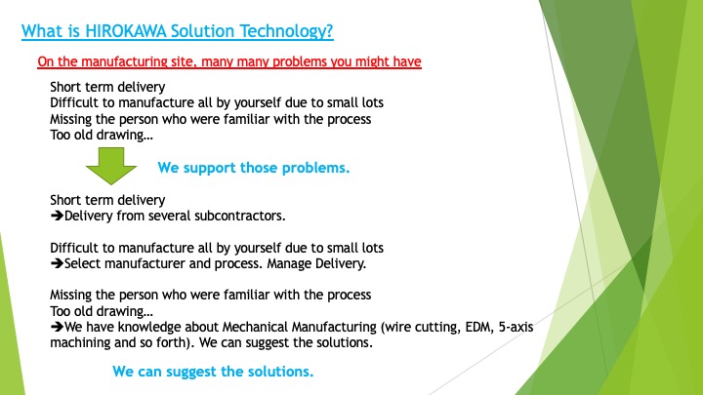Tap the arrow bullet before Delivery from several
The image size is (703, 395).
pyautogui.click(x=56, y=215)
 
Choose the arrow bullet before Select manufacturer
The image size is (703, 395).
pyautogui.click(x=56, y=263)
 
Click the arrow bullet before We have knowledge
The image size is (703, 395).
pyautogui.click(x=56, y=328)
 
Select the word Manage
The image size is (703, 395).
pyautogui.click(x=310, y=263)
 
